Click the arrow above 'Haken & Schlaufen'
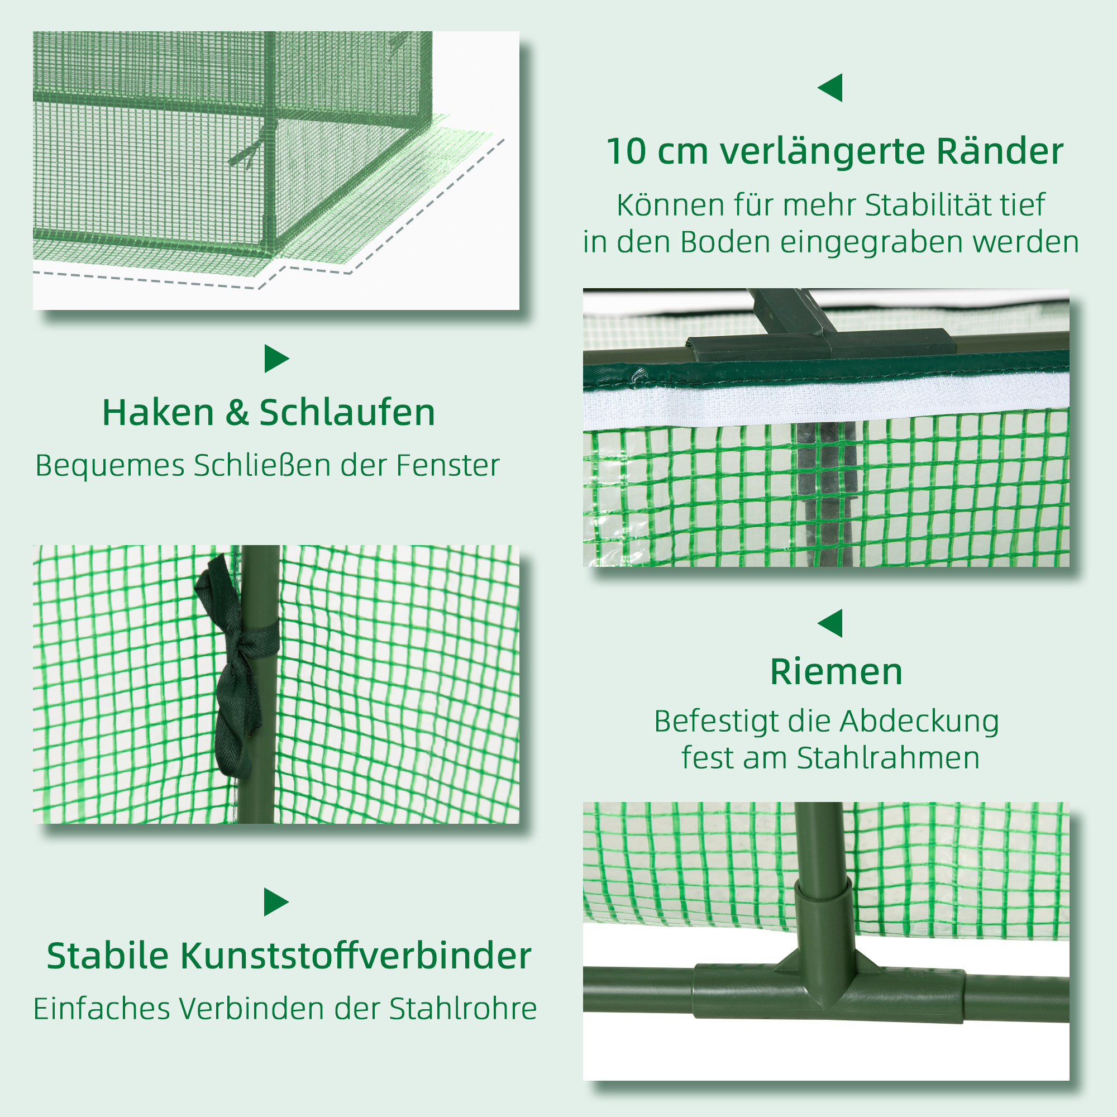[276, 359]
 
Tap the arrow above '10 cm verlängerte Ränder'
[831, 88]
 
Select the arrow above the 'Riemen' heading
[831, 623]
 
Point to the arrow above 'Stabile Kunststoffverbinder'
[276, 902]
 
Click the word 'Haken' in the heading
[158, 413]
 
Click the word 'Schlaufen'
[347, 413]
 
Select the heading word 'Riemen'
[836, 672]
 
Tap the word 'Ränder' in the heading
[1000, 151]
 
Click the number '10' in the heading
[626, 151]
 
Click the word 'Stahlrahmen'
[888, 757]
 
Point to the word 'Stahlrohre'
[462, 1009]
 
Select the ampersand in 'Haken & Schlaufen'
[236, 413]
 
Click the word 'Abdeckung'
[919, 722]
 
